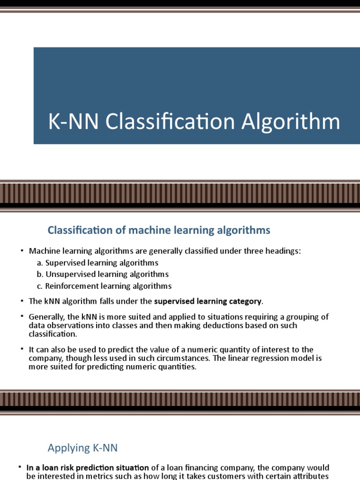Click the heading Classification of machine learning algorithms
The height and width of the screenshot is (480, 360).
click(159, 230)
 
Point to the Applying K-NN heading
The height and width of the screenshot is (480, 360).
click(82, 448)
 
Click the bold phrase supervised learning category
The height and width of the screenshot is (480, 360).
click(209, 300)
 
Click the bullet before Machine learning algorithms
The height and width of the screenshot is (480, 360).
click(22, 251)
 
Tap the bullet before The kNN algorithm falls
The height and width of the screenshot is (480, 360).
click(22, 300)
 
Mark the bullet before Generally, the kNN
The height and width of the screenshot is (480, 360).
click(22, 316)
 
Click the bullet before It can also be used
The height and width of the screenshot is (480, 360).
click(22, 350)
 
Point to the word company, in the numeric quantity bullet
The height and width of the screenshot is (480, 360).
click(45, 359)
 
